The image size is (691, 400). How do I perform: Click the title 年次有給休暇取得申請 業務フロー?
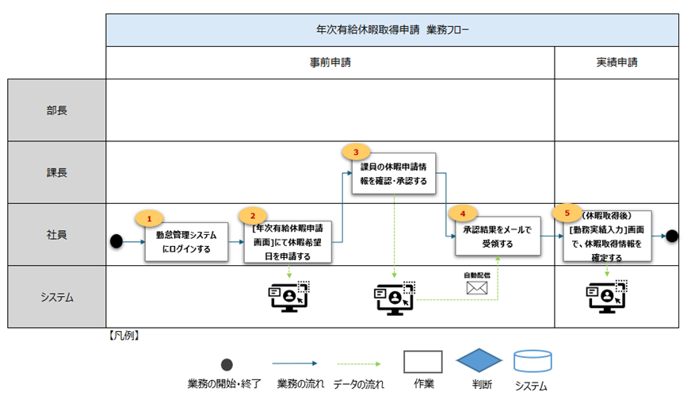tap(392, 30)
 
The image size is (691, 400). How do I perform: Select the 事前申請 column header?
tap(330, 61)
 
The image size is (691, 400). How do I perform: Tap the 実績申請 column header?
tap(616, 61)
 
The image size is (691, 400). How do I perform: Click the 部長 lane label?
tap(57, 110)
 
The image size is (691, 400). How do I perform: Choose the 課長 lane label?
tap(57, 172)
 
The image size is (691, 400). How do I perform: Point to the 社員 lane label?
tap(57, 235)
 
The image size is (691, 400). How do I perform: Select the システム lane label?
tap(57, 297)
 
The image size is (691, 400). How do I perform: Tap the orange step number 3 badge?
tap(356, 152)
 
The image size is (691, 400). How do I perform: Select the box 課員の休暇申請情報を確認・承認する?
tap(394, 175)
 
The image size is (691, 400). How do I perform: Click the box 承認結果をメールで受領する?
tap(498, 237)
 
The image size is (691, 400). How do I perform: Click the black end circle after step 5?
tap(672, 235)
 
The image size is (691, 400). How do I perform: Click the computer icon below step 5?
tap(606, 296)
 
